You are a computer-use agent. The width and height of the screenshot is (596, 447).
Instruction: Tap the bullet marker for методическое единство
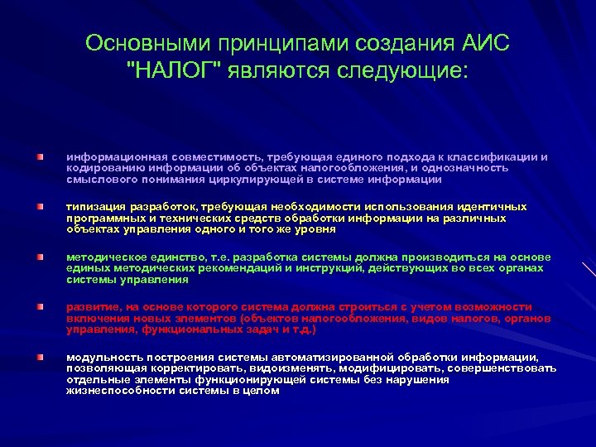click(40, 257)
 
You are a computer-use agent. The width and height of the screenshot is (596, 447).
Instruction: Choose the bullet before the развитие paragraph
click(40, 307)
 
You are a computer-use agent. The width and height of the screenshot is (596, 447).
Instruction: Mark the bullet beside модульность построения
click(40, 357)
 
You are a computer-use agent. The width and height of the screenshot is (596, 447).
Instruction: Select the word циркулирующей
click(258, 179)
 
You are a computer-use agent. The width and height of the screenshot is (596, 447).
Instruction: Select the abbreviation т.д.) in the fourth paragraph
click(300, 329)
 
